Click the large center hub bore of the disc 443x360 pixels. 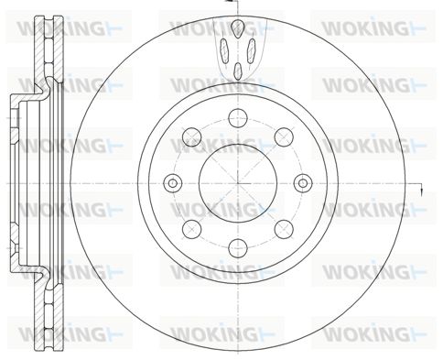(238, 183)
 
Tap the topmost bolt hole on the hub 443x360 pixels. (238, 118)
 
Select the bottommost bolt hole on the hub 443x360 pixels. (238, 248)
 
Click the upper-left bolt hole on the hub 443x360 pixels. (191, 136)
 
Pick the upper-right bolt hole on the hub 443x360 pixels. (284, 136)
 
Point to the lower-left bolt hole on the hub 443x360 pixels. (191, 229)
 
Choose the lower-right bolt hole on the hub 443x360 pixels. (284, 229)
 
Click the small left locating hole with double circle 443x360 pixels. (173, 183)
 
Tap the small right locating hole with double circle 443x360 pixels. (303, 183)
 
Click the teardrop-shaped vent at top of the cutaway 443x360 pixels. (238, 28)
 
